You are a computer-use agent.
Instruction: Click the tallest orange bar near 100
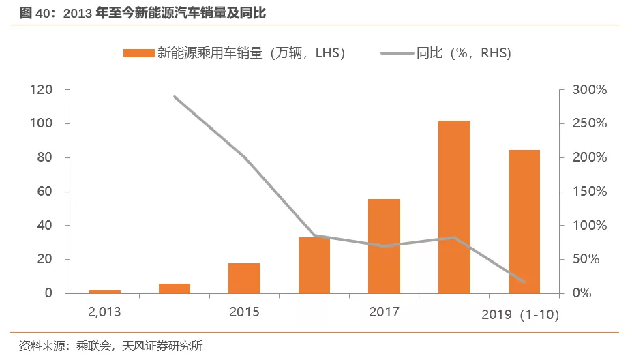point(454,207)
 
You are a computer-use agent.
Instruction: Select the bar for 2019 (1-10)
point(524,222)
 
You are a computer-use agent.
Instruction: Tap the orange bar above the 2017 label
point(384,246)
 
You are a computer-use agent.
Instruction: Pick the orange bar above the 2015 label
point(244,278)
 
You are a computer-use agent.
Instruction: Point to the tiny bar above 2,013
point(104,291)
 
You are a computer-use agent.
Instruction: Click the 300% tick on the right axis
point(590,90)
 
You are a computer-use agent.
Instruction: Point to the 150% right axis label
point(590,192)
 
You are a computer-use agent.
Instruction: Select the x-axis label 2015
point(244,312)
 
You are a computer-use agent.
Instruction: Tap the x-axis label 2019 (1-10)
point(520,315)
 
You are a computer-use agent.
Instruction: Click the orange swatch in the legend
point(139,53)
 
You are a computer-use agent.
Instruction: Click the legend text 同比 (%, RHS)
point(464,53)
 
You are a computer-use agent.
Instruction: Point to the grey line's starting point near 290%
point(175,97)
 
